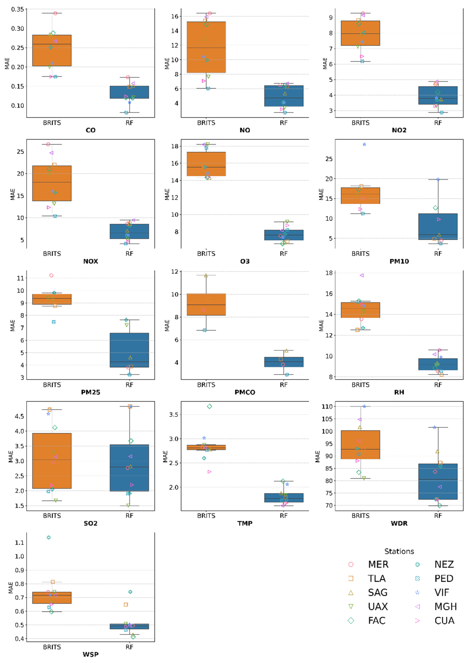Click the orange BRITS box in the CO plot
pos(52,51)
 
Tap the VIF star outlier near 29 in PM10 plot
pos(364,144)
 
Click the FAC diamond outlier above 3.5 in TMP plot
pos(209,406)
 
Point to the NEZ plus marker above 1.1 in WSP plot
pos(49,537)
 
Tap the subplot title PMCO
pos(245,392)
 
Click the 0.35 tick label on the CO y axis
pos(17,10)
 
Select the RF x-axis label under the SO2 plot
pos(129,516)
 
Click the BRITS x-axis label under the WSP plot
pos(52,647)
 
